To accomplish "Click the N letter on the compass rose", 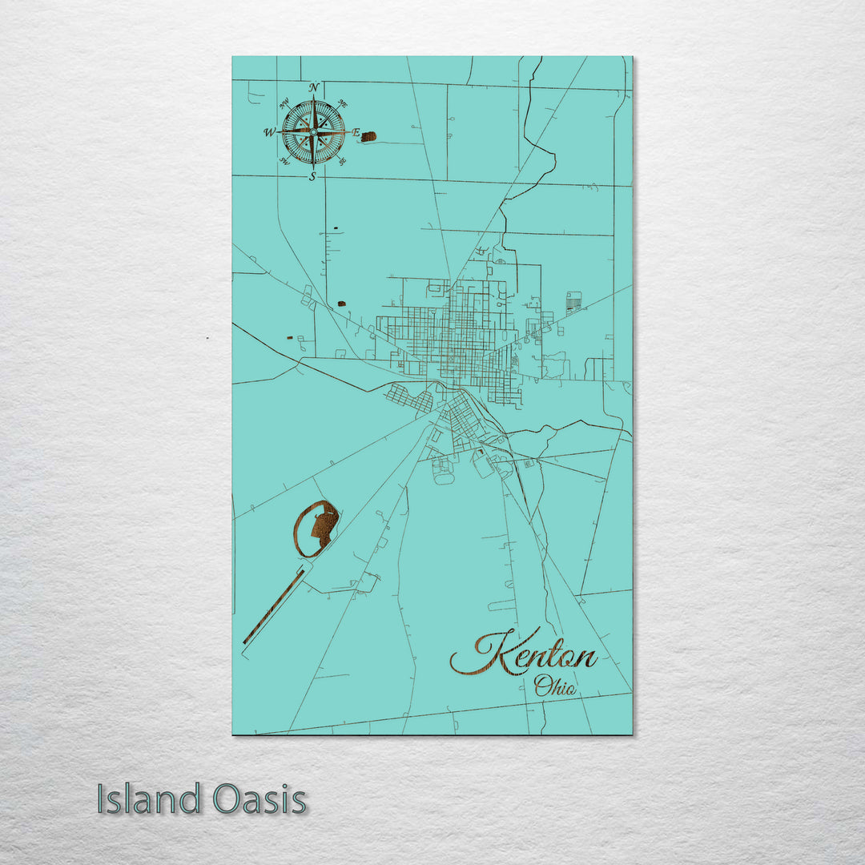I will click(x=314, y=88).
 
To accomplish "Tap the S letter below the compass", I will click(x=313, y=177).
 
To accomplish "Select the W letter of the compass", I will click(x=270, y=133).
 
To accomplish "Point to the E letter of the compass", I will click(x=356, y=133).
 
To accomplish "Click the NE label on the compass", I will click(x=343, y=103).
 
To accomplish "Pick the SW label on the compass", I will click(x=284, y=162).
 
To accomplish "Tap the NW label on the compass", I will click(x=284, y=103).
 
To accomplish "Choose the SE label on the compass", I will click(x=343, y=162).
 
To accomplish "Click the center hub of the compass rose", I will click(x=313, y=132).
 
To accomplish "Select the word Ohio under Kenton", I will click(x=555, y=686).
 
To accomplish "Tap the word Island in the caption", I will click(x=148, y=799).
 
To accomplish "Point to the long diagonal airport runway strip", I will click(x=273, y=606).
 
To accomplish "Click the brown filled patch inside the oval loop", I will click(x=325, y=528).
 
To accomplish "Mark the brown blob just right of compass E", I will click(x=368, y=136).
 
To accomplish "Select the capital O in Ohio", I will click(x=542, y=686).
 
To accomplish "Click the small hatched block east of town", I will click(x=573, y=301).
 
